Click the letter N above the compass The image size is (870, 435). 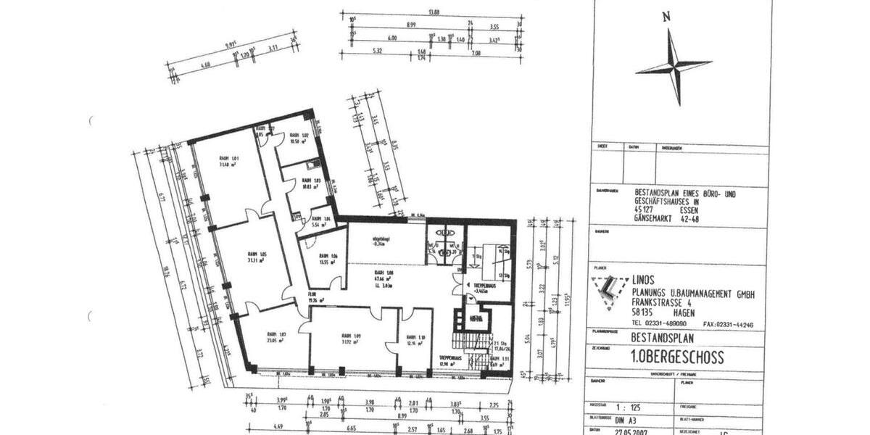pyautogui.click(x=666, y=16)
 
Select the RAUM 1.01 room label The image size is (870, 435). pyautogui.click(x=231, y=160)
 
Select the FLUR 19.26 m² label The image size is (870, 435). pyautogui.click(x=314, y=297)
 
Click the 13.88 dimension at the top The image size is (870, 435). pyautogui.click(x=434, y=12)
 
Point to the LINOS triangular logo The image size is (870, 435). pyautogui.click(x=610, y=291)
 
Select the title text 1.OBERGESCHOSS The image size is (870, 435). pyautogui.click(x=677, y=357)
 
